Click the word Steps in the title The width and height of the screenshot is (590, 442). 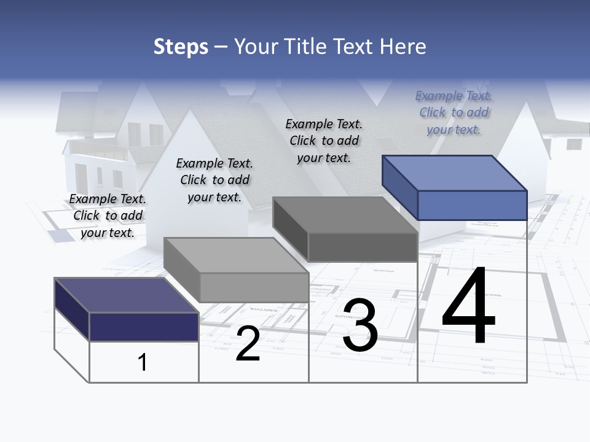(180, 47)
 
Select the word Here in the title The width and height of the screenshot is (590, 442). (403, 47)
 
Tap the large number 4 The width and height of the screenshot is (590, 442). (468, 307)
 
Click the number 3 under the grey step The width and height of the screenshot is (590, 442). (360, 325)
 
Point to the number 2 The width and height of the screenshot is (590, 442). (248, 344)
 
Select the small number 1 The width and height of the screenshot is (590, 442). (143, 362)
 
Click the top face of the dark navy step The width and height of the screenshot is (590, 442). (126, 295)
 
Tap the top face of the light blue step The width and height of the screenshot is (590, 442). (455, 173)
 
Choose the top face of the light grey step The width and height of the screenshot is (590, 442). (236, 255)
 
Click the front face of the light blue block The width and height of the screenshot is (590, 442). (472, 205)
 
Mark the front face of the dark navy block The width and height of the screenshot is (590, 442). (144, 327)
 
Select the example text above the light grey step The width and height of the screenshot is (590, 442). (214, 180)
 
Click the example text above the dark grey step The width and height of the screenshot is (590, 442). (324, 141)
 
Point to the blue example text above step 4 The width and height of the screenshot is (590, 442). (454, 112)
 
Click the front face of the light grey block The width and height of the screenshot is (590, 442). (254, 287)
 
